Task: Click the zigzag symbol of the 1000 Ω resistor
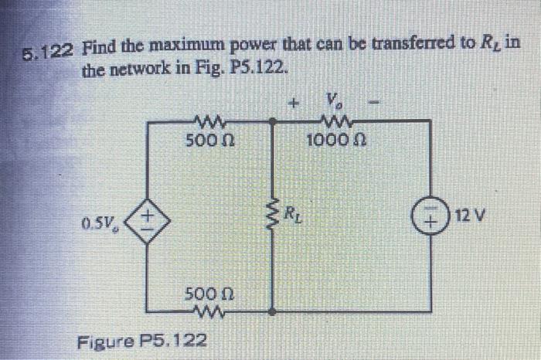(x=335, y=122)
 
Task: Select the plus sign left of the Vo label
(x=293, y=101)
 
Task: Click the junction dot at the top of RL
(x=271, y=121)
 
